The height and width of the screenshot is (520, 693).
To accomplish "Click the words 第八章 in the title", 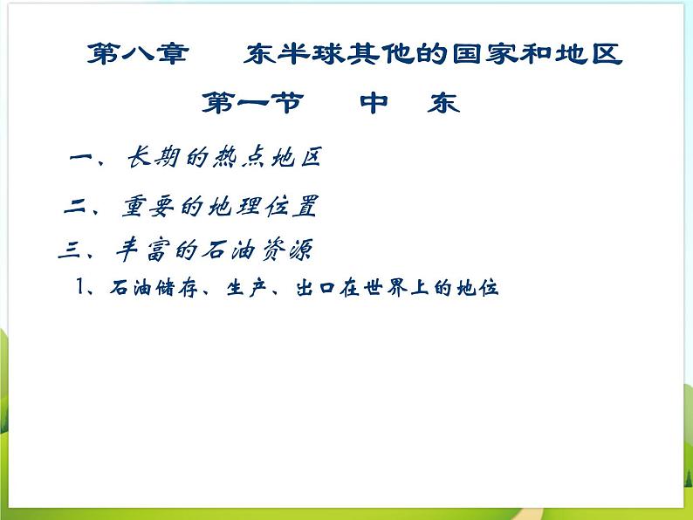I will click(x=137, y=55).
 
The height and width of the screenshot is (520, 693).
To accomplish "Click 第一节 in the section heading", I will click(x=252, y=104).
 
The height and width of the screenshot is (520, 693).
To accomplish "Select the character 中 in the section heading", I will click(x=374, y=104).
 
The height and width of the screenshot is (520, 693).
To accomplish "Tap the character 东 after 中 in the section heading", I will click(x=443, y=104).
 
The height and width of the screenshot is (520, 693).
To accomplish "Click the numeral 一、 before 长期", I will click(x=88, y=159).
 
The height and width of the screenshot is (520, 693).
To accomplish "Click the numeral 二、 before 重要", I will click(x=85, y=208).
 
